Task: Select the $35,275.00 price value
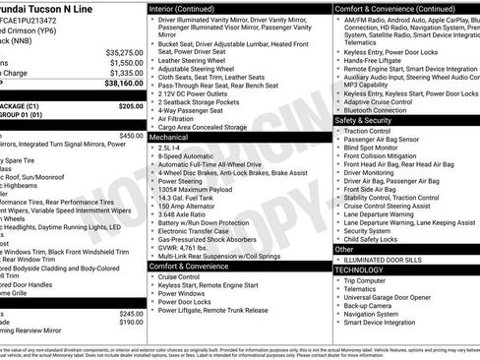pos(123,52)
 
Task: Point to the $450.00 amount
pos(131,135)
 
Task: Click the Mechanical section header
pos(168,139)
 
